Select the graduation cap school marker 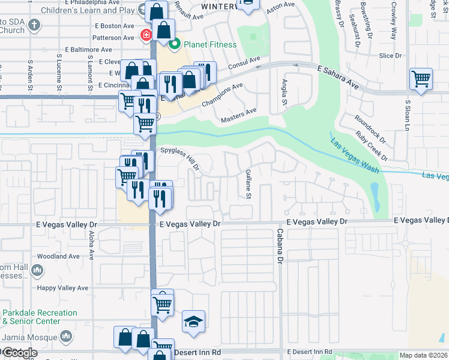[193, 323]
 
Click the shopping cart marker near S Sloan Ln [421, 79]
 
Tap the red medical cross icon [145, 35]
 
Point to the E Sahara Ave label [338, 78]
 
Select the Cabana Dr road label [279, 246]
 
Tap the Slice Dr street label [390, 56]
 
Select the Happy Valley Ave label [62, 288]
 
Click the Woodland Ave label [58, 256]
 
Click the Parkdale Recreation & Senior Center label [39, 317]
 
